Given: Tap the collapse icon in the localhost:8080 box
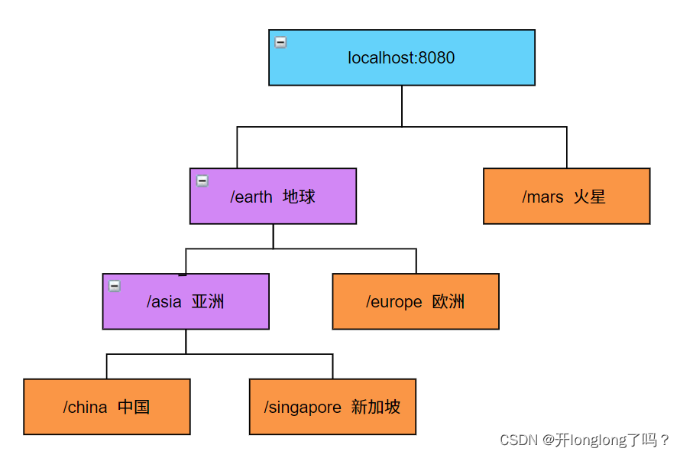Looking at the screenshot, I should coord(281,43).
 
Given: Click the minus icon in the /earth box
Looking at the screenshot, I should coord(202,181).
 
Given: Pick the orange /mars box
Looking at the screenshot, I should coord(566,197).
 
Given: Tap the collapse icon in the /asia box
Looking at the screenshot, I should coord(115,286).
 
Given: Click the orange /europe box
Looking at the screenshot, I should coord(416,301).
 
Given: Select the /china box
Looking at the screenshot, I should coord(106,407).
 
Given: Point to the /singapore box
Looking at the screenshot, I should coord(332,407).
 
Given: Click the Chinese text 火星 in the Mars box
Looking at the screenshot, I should coord(590,197).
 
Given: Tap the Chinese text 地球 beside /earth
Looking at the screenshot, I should coord(299,197).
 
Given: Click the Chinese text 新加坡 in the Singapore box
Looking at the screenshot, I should coord(376,407).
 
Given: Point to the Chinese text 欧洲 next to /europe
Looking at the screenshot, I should coord(448,301).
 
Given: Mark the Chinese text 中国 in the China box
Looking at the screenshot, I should coord(134,407).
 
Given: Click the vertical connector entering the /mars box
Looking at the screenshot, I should coord(567,148).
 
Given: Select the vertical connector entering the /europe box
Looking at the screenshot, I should coord(416,262).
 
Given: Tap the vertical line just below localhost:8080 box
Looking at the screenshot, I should coord(402,106).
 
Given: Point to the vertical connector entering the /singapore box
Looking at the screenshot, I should coord(332,366).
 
